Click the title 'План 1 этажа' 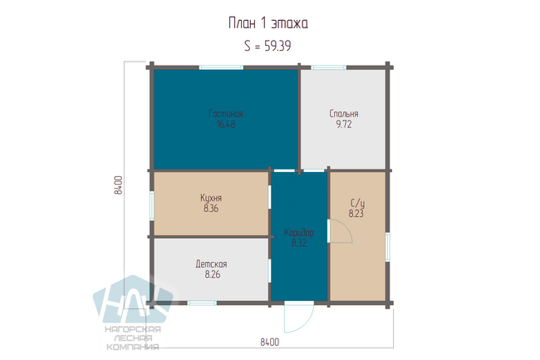click(268, 23)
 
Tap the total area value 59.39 click(277, 46)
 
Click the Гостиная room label click(226, 113)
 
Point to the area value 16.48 click(226, 124)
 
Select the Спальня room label click(344, 113)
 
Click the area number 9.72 click(344, 124)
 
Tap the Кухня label click(211, 198)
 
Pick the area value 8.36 click(211, 208)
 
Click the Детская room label click(212, 264)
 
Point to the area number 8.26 click(213, 274)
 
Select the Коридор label click(299, 233)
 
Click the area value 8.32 click(299, 243)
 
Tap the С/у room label click(357, 203)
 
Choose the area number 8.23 click(356, 214)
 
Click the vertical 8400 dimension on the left click(118, 185)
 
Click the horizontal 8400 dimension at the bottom click(270, 342)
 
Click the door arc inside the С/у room click(347, 228)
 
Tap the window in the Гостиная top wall click(221, 67)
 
